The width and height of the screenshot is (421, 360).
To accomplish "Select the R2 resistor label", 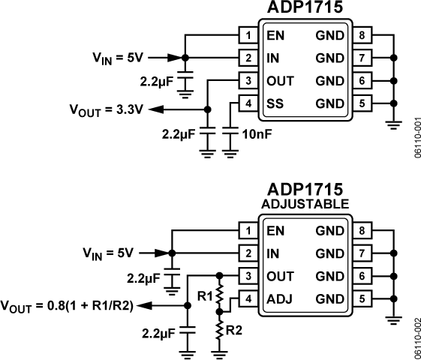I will (x=235, y=329).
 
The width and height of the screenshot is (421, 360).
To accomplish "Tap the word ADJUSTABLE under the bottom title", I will (x=304, y=203).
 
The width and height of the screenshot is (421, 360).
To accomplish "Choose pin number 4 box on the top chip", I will (x=247, y=103).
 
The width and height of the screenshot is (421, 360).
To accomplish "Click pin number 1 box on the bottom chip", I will (x=247, y=231).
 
